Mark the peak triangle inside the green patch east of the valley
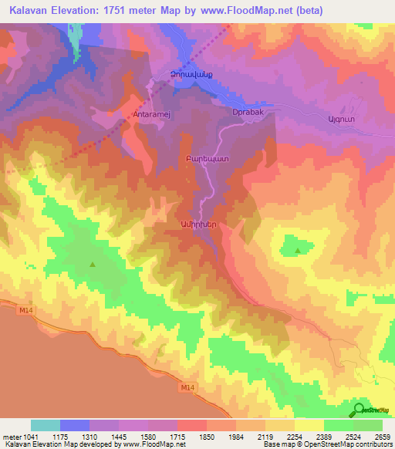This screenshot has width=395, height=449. point(298,250)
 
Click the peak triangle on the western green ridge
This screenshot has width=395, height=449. point(93,265)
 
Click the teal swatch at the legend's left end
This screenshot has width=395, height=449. point(46,425)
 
